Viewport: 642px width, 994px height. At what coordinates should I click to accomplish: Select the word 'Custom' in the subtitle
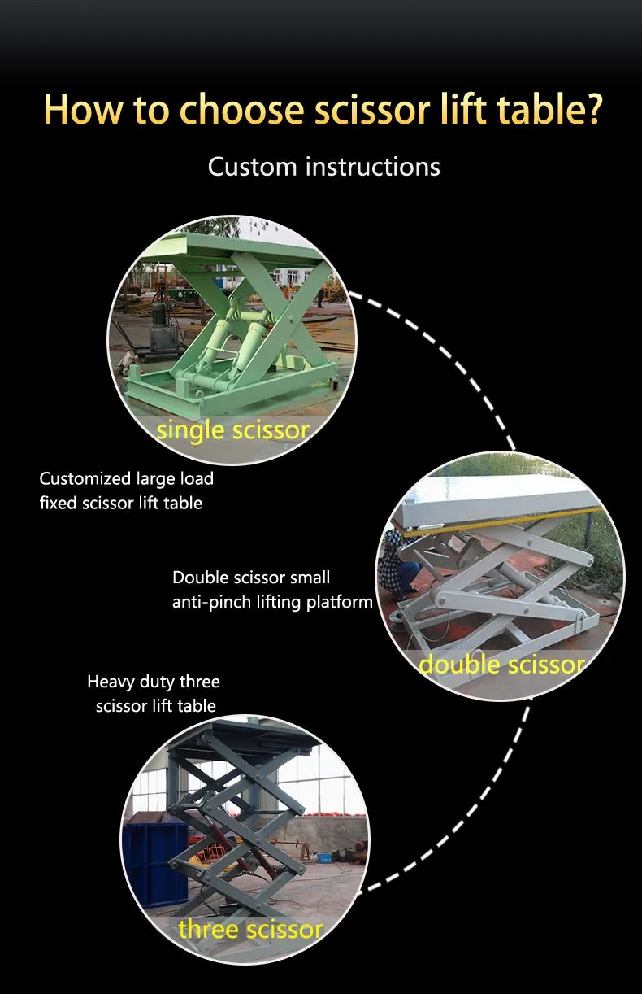[x=252, y=167]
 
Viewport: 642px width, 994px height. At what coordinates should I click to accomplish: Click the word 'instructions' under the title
[x=373, y=167]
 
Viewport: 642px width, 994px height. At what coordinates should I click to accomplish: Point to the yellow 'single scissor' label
[x=232, y=429]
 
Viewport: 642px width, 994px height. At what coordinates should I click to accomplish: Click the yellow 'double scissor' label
[x=501, y=665]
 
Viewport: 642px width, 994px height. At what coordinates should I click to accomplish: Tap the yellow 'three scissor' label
[x=250, y=929]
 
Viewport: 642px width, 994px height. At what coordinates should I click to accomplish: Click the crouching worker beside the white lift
[x=400, y=561]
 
